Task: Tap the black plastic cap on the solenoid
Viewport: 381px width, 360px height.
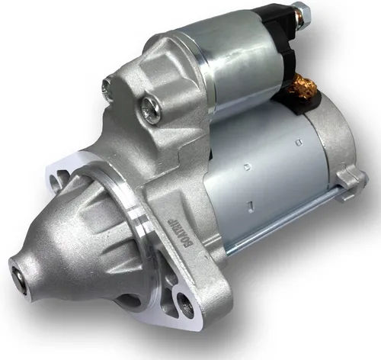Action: tap(286, 34)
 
